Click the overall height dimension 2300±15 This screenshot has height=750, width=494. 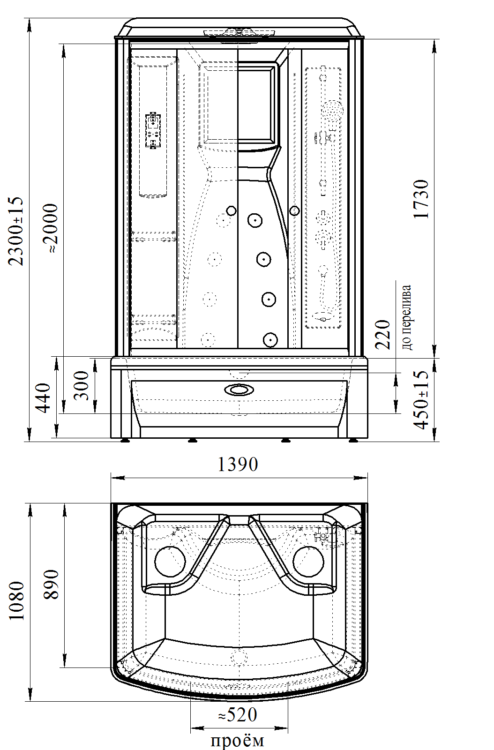click(x=16, y=232)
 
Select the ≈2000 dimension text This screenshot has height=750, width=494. click(x=50, y=228)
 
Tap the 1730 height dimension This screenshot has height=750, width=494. click(x=421, y=199)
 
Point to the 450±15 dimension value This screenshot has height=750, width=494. click(x=421, y=400)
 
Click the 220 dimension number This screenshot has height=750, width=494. click(x=382, y=335)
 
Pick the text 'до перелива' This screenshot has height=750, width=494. click(x=406, y=317)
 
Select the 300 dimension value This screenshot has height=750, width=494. click(x=81, y=385)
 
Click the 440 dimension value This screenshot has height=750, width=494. click(x=43, y=398)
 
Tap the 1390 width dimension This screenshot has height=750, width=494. click(x=238, y=465)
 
